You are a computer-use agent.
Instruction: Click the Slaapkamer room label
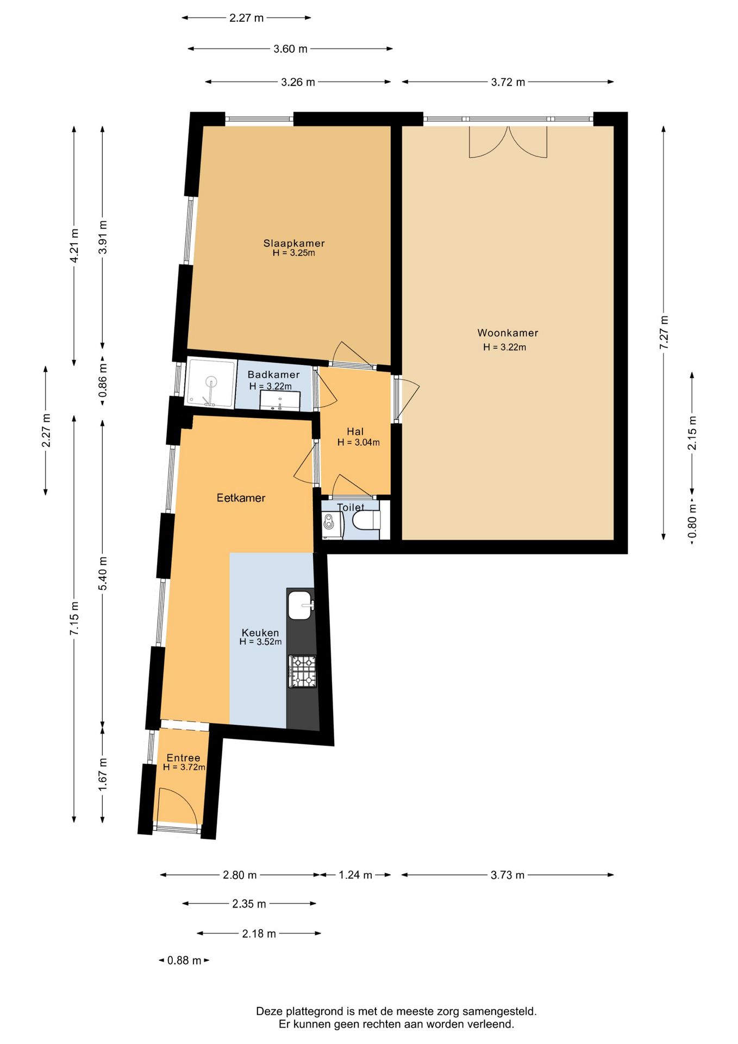(294, 243)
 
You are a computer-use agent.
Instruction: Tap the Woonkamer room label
(508, 333)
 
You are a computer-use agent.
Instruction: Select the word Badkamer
(273, 375)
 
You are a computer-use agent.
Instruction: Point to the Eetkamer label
(241, 498)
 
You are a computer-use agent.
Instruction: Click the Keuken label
(260, 632)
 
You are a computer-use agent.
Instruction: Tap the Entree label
(183, 757)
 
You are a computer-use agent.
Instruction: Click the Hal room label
(355, 431)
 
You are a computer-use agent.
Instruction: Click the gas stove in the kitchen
(302, 671)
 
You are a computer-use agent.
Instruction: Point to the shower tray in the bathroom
(210, 382)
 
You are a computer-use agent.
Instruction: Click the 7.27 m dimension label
(664, 333)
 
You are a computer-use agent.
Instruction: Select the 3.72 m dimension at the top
(508, 82)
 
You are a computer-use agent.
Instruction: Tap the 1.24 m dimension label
(355, 875)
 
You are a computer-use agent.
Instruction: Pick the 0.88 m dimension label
(184, 960)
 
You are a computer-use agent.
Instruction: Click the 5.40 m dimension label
(103, 573)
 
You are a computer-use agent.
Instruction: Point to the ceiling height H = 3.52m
(260, 642)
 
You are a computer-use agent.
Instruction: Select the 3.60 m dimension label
(290, 49)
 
